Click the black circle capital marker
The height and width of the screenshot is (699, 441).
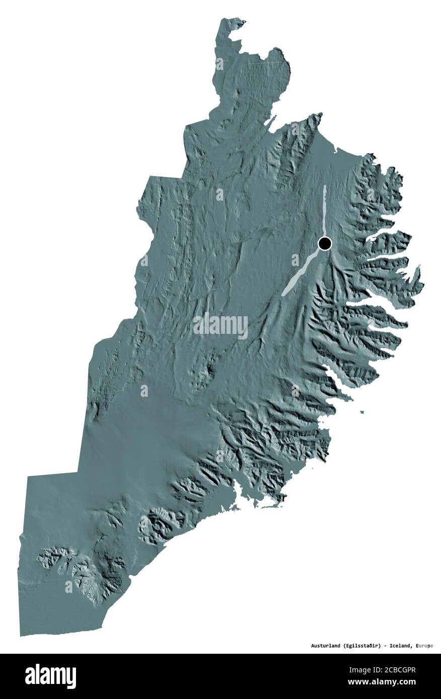pyautogui.click(x=325, y=244)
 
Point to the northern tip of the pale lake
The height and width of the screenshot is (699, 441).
pyautogui.click(x=325, y=187)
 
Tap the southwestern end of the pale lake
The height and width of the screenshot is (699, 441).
pyautogui.click(x=283, y=294)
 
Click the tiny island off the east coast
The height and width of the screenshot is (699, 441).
pyautogui.click(x=361, y=413)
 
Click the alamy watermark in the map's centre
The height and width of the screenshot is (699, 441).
pyautogui.click(x=220, y=325)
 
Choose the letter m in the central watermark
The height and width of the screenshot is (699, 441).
pyautogui.click(x=224, y=326)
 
